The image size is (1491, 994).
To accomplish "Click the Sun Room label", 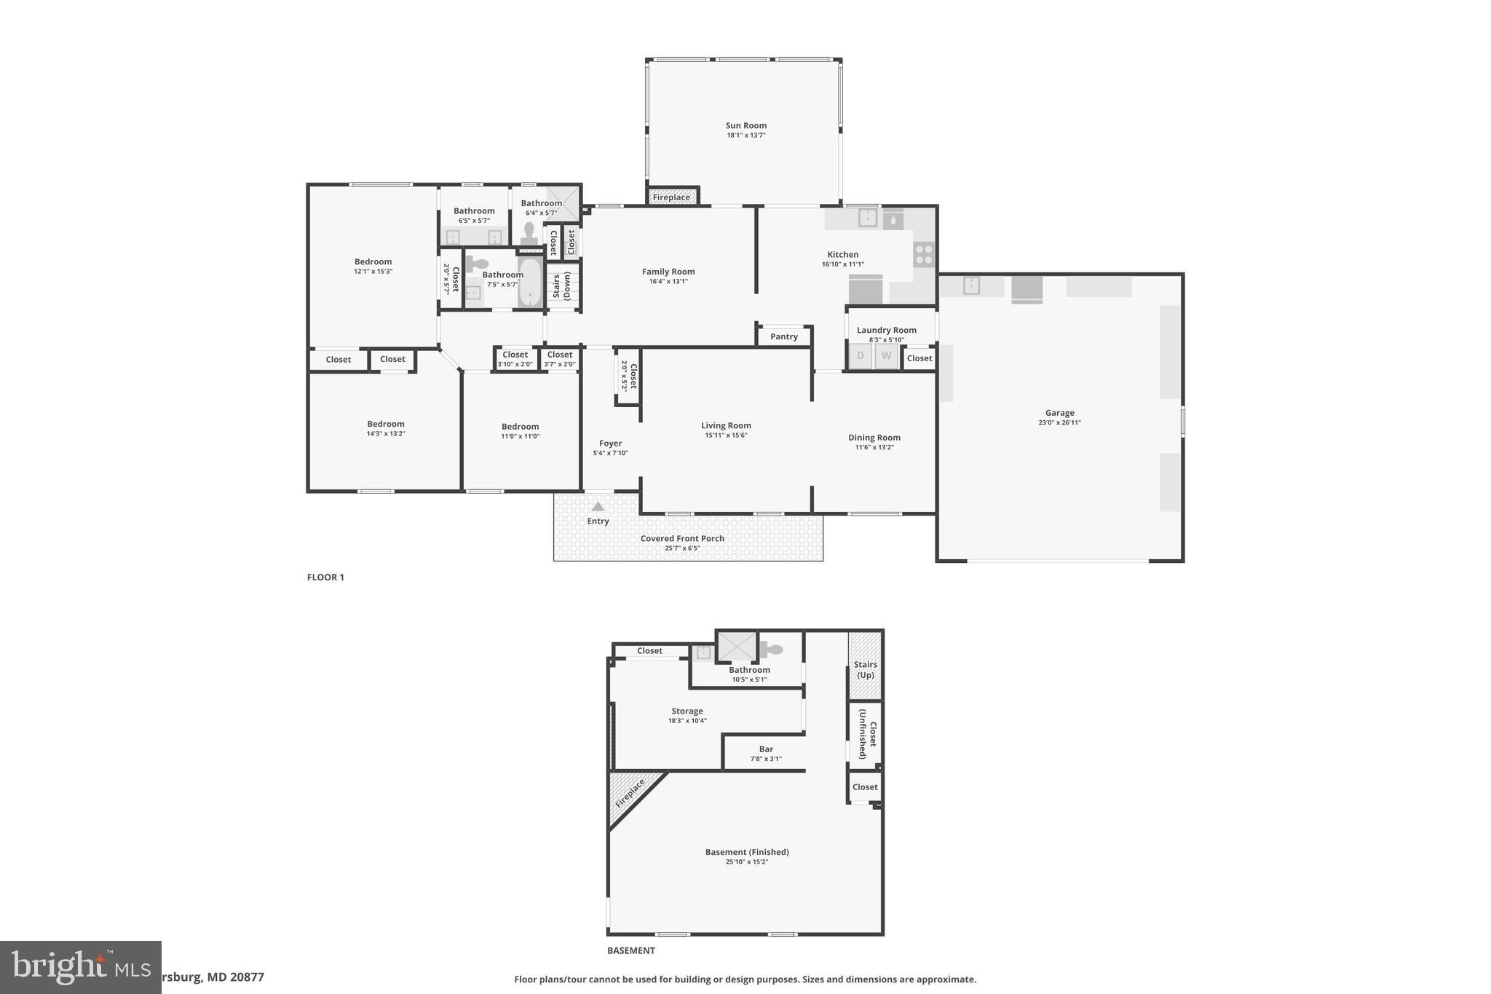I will pos(745,125).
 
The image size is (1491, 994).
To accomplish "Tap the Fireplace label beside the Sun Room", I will pos(671,197).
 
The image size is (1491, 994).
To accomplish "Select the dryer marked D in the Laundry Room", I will pos(861,356).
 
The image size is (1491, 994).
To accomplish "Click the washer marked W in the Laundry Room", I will pos(886,356).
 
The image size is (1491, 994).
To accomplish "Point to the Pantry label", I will pos(783,336).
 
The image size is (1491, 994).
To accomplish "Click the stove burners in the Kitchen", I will pos(923,255).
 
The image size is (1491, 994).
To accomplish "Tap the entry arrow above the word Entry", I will pos(597,506).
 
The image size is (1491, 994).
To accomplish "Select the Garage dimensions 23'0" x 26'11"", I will pos(1059,422).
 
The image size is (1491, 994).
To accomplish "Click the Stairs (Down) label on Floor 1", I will pos(561,285).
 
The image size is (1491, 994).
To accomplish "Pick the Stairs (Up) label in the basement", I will pos(865,669).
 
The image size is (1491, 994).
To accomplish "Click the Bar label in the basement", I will pos(766,749).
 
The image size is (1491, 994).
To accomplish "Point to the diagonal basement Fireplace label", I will pos(630,793).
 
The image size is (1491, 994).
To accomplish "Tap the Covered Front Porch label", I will pos(682,538).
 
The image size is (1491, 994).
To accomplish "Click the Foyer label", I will pos(610,443).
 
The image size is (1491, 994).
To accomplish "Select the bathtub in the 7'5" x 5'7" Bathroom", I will pos(529,283).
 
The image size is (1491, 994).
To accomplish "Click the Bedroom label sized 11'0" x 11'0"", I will pos(520,427).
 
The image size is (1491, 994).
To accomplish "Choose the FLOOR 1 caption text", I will pos(325,577).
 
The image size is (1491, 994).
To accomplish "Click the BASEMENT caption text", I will pos(630,950).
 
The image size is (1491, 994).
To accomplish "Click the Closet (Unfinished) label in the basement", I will pos(867,734).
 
